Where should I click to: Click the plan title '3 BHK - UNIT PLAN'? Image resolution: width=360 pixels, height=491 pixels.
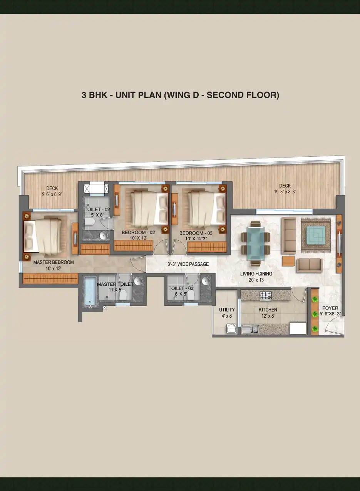click(121, 95)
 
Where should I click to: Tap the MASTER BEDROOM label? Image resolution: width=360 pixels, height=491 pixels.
click(54, 262)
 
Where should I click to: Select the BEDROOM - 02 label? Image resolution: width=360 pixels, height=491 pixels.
click(138, 232)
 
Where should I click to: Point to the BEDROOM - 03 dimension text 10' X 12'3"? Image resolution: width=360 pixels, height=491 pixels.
click(196, 238)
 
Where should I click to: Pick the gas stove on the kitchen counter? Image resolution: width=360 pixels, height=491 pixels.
click(266, 295)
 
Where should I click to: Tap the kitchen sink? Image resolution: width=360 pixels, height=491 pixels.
click(250, 330)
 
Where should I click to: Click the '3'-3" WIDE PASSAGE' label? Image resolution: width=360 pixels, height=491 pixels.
click(188, 264)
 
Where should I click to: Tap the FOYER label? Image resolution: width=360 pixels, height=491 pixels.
click(330, 308)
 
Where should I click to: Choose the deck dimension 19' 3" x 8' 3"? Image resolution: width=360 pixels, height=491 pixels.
click(285, 192)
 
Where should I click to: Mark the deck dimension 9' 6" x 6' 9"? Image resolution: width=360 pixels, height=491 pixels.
click(52, 194)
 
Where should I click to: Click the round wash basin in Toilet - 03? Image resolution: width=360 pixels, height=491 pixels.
click(206, 281)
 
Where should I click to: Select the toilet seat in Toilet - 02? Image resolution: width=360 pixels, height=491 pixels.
click(90, 221)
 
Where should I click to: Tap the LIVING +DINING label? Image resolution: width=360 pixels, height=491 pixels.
click(256, 273)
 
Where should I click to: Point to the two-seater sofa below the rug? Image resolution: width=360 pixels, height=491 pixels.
click(310, 265)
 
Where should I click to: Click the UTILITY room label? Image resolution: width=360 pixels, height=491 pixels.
click(227, 310)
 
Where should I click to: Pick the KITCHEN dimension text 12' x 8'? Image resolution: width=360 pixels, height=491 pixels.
click(268, 316)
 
